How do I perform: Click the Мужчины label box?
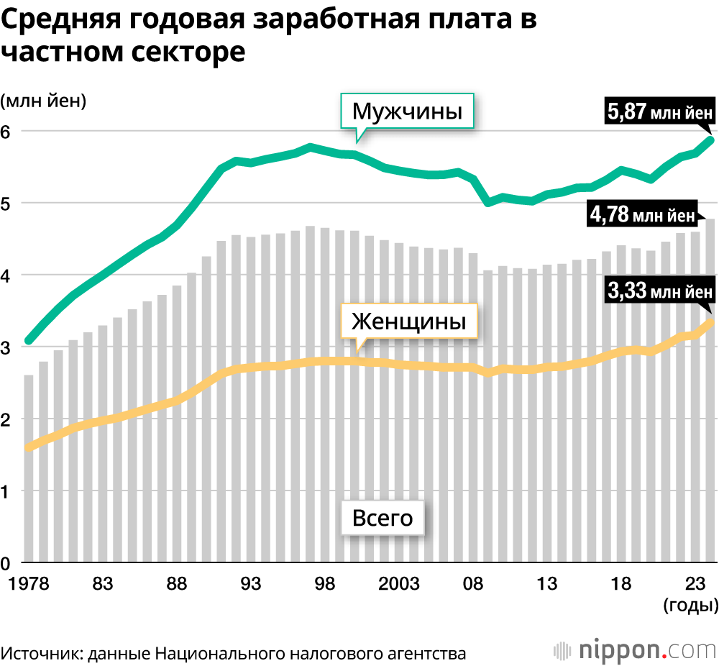406,111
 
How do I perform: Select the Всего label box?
383,518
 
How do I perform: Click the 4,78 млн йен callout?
642,214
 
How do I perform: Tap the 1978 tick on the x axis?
29,583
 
